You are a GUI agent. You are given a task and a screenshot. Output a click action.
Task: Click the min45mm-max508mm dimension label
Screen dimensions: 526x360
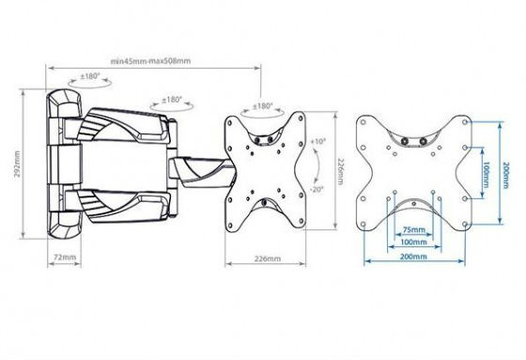click(150, 61)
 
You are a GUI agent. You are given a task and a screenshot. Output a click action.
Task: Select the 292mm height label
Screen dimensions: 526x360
click(17, 164)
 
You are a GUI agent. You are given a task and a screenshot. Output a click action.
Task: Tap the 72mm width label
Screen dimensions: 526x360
click(65, 258)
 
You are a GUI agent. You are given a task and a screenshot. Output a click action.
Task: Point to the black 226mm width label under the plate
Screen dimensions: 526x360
click(268, 258)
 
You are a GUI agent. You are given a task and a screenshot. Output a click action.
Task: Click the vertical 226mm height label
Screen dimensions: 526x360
click(340, 171)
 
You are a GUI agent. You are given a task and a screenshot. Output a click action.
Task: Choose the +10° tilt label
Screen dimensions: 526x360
click(318, 141)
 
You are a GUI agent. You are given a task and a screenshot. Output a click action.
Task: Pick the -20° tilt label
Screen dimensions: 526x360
click(317, 189)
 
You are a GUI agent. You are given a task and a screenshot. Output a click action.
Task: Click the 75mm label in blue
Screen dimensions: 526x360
click(413, 230)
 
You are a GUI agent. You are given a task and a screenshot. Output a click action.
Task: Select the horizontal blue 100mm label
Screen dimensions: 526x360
click(413, 242)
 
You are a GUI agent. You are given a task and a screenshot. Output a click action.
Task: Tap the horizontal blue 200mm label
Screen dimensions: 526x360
click(413, 257)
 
